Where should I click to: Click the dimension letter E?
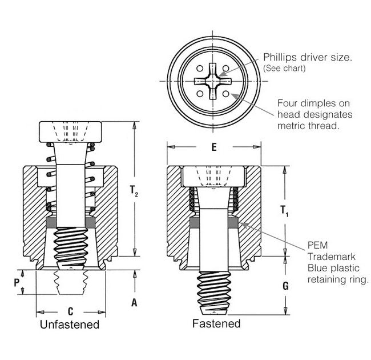[x=213, y=147]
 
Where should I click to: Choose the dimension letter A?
[x=134, y=303]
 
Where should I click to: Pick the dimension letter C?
[x=70, y=312]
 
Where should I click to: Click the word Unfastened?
[x=70, y=325]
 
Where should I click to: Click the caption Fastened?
[x=216, y=324]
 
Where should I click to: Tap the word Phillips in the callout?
[x=280, y=58]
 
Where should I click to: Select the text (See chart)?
[x=285, y=69]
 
